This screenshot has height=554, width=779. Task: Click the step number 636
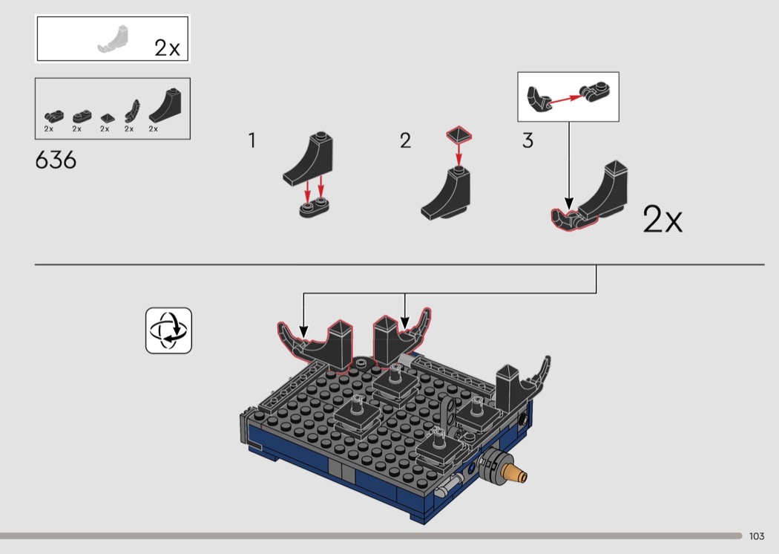[56, 160]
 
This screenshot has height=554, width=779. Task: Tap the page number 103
[757, 536]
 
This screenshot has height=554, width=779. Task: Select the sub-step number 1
[252, 141]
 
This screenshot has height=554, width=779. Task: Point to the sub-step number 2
[405, 141]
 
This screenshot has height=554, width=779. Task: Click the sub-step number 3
[527, 141]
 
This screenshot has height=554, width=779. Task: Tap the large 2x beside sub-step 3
[663, 219]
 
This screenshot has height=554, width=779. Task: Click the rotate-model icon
[168, 330]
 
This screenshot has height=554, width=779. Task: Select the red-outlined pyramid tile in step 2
[459, 134]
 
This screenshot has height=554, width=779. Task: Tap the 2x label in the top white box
[167, 48]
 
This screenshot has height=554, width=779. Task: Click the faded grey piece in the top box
[114, 40]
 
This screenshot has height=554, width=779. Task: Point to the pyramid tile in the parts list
[108, 118]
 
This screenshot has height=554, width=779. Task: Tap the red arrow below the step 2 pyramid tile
[458, 154]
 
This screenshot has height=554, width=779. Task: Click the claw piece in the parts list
[132, 111]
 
